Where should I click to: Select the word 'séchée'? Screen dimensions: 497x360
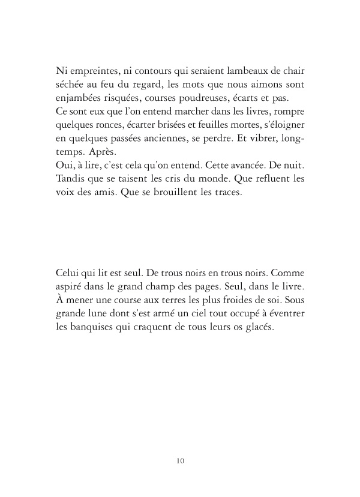pyautogui.click(x=70, y=84)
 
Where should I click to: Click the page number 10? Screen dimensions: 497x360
pyautogui.click(x=180, y=461)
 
